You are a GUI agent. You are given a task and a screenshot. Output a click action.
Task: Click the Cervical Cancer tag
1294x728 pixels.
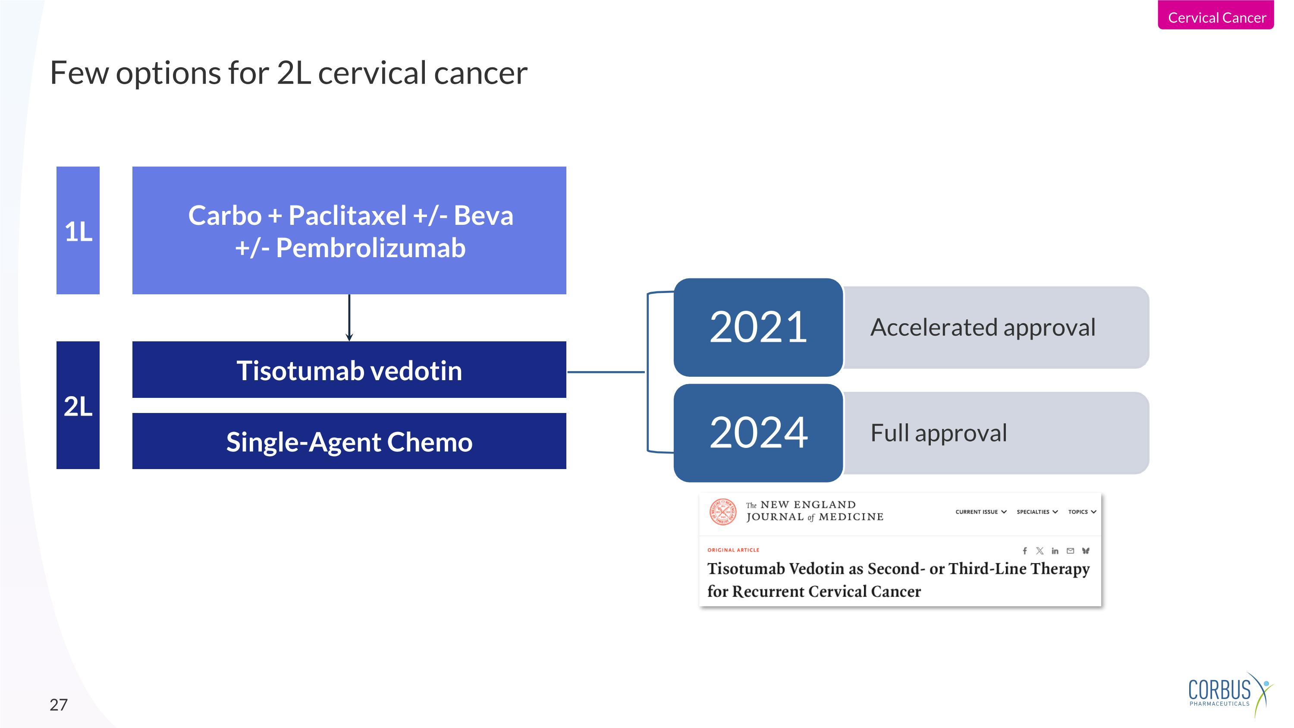point(1215,17)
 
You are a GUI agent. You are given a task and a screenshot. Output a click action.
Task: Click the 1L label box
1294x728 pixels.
point(78,230)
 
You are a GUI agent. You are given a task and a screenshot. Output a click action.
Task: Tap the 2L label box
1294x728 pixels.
point(78,405)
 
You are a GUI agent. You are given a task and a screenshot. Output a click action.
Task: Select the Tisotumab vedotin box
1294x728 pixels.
point(349,370)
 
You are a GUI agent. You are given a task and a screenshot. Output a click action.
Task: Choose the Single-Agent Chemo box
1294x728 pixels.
point(349,441)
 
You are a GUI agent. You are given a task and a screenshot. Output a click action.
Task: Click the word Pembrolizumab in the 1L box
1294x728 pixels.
point(371,248)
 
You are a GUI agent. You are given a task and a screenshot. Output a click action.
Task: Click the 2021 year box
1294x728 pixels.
point(757,327)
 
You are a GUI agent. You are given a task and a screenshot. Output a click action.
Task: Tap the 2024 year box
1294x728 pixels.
point(757,432)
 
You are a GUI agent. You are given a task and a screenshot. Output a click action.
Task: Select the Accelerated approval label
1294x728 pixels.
point(983,328)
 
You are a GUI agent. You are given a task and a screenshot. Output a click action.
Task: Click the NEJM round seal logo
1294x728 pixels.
point(722,511)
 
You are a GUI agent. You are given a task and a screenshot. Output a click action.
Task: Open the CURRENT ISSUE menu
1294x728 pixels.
point(980,512)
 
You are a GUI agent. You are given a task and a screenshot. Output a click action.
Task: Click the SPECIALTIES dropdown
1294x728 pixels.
point(1037,512)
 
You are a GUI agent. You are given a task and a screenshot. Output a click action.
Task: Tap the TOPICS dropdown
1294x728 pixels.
point(1081,512)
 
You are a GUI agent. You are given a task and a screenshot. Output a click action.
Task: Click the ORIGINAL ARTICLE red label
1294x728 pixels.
point(733,550)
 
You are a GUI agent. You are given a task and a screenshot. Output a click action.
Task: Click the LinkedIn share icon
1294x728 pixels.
point(1055,551)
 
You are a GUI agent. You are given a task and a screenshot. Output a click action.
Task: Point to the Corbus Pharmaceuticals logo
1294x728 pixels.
point(1228,693)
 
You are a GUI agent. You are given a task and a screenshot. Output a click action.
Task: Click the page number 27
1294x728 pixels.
point(58,705)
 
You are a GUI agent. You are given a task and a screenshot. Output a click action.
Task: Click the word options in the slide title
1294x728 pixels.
point(168,73)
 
